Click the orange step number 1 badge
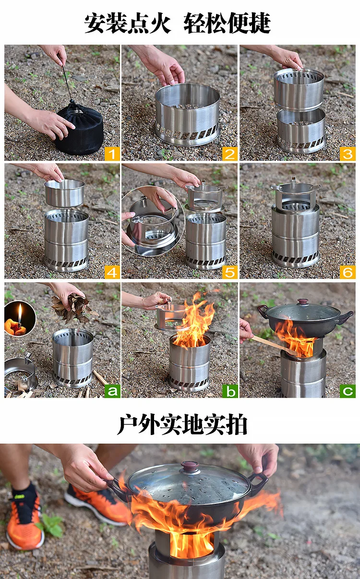pos(112,154)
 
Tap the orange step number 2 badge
pos(229,154)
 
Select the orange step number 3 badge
pos(348,154)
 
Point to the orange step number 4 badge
pos(112,272)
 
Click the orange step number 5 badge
pos(229,272)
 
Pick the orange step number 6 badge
pos(348,272)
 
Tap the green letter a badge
pos(112,391)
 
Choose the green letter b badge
pos(229,391)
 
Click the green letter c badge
pos(348,391)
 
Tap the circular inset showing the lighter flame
pos(20,318)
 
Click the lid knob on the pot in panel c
pos(303,302)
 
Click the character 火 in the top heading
pos(160,23)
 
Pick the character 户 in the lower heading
pos(128,425)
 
